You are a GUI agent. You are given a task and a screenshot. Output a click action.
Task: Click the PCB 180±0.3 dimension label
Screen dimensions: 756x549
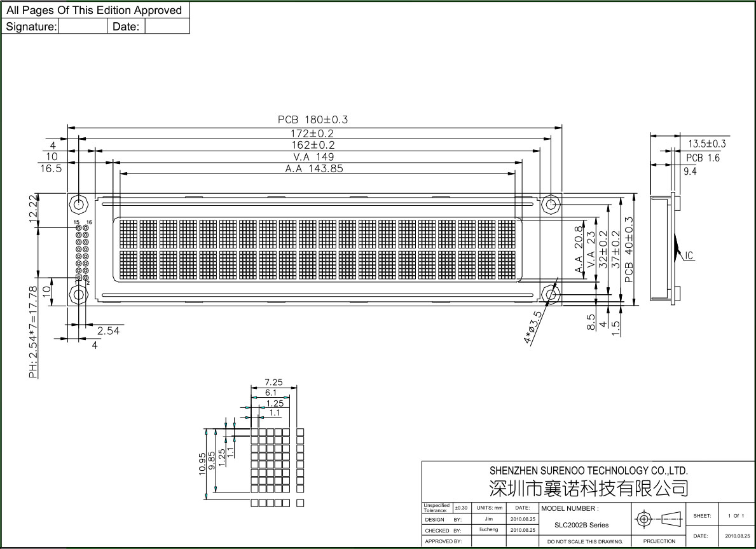tap(312, 119)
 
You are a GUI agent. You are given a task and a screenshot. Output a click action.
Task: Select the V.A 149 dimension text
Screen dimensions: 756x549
tap(313, 157)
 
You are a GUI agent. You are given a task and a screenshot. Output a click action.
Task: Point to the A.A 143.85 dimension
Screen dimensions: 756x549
tap(314, 168)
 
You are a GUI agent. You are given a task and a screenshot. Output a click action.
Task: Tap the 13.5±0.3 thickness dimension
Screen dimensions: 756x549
tap(706, 144)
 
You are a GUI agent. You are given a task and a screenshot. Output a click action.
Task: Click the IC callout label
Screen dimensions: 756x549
tap(689, 255)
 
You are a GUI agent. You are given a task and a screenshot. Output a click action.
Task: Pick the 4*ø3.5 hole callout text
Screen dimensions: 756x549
tap(533, 327)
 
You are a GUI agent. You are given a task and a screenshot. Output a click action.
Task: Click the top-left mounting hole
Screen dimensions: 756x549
tap(78, 204)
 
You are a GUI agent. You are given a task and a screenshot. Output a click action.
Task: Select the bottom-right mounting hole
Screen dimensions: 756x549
tap(550, 294)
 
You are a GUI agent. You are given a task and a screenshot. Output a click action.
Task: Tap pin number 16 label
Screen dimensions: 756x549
tap(89, 222)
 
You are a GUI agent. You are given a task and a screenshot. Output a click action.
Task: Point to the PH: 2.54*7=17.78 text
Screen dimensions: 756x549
tap(33, 332)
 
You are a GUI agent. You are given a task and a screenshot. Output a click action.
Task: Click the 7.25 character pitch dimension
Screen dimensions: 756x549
tap(273, 382)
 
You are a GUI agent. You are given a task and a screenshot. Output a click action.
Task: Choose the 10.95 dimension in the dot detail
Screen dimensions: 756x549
tap(202, 464)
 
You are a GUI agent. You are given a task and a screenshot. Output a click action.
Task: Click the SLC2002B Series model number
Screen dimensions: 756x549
tap(581, 525)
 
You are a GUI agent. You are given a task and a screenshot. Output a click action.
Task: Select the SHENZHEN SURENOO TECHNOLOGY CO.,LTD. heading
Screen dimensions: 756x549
tap(589, 470)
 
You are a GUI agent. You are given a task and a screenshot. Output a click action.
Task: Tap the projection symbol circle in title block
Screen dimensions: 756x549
tap(643, 519)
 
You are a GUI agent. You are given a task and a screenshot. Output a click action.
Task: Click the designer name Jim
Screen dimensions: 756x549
tap(489, 519)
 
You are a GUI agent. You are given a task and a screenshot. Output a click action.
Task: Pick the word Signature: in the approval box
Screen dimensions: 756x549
tap(31, 27)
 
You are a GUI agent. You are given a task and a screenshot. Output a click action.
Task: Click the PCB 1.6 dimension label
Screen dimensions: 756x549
tap(703, 158)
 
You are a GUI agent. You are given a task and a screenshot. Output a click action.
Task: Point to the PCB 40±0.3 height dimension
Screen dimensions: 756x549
tap(629, 249)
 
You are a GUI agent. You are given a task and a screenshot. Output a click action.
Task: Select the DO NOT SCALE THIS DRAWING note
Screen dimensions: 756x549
tap(585, 542)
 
